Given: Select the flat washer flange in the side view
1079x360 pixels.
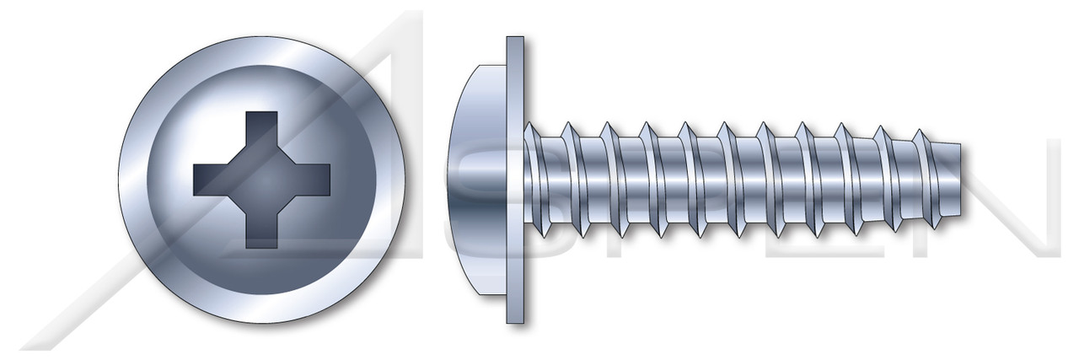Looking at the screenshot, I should pos(515,180).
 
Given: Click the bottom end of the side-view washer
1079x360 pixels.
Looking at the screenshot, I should pos(515,318).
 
